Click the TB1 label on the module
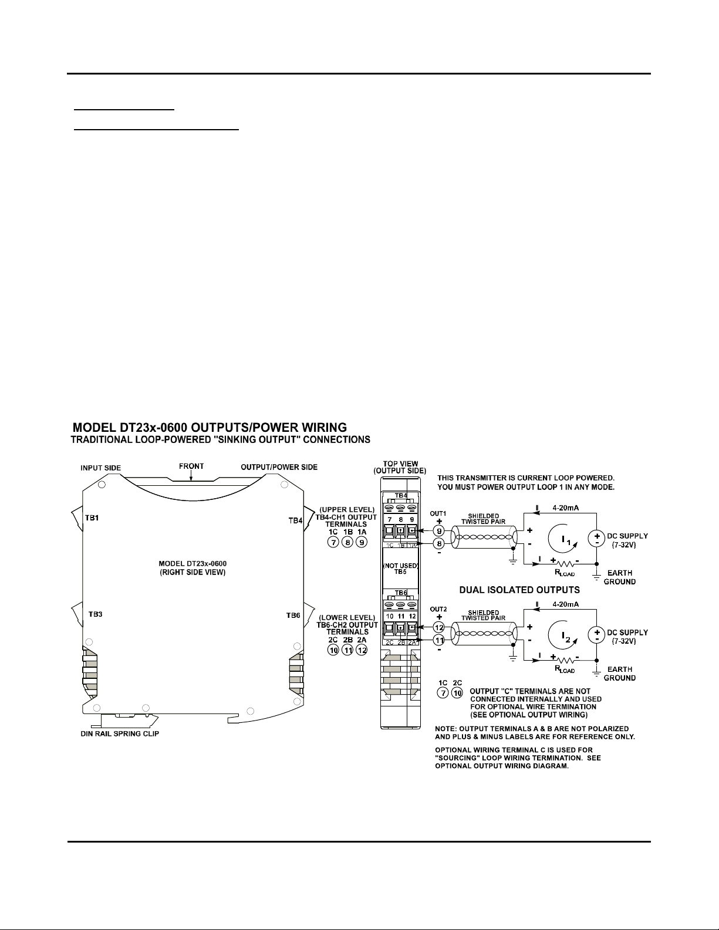[x=92, y=518]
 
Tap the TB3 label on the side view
[x=96, y=614]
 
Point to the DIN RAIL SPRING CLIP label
[x=120, y=733]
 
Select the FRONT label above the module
[x=191, y=466]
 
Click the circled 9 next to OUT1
[x=439, y=531]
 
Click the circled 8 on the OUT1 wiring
[x=439, y=543]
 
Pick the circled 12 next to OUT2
[x=439, y=627]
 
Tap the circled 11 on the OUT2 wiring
[x=439, y=640]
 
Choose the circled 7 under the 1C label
[x=333, y=543]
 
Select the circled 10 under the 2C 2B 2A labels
[x=333, y=650]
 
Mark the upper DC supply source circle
[x=596, y=539]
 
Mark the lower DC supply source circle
[x=596, y=635]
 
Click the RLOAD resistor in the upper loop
[x=565, y=564]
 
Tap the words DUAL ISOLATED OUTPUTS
[x=519, y=590]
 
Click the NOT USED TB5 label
[x=400, y=569]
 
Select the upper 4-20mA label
[x=566, y=508]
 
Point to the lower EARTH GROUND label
[x=619, y=674]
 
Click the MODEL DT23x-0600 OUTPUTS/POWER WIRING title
[x=210, y=428]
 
